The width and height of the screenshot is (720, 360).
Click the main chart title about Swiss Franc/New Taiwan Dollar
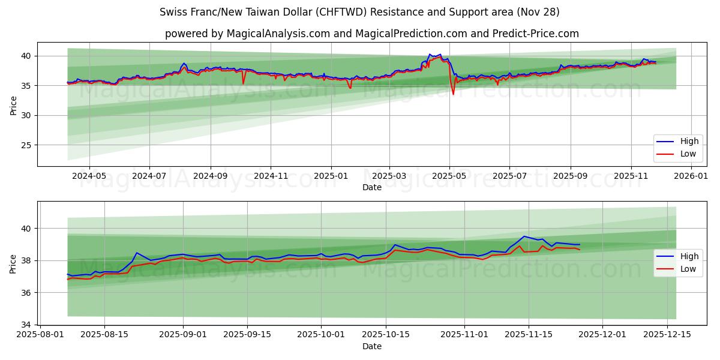[x=359, y=12]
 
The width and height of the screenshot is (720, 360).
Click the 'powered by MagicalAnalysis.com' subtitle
[x=371, y=34]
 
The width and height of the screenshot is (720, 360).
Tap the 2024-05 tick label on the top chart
[x=89, y=176]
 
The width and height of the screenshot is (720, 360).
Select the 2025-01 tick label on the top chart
[x=331, y=176]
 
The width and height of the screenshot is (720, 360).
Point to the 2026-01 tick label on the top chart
[x=691, y=176]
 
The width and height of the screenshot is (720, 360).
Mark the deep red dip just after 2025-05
[x=454, y=94]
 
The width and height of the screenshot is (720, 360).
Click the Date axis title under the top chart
[x=371, y=187]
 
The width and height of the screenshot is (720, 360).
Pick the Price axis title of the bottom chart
[x=13, y=263]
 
